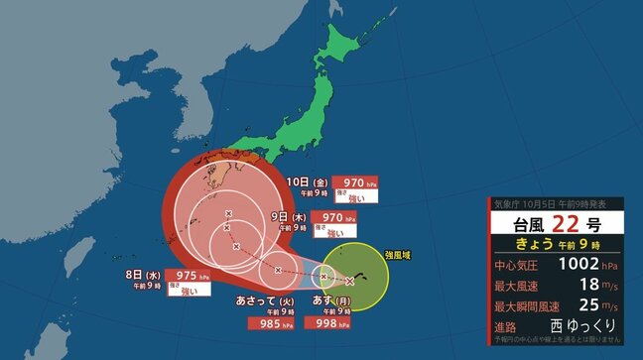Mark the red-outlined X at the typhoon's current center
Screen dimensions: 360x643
tap(350, 281)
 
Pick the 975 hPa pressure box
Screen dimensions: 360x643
tap(186, 275)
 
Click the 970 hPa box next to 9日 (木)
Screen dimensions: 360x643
tap(329, 216)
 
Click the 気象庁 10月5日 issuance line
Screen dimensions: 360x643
tap(552, 204)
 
